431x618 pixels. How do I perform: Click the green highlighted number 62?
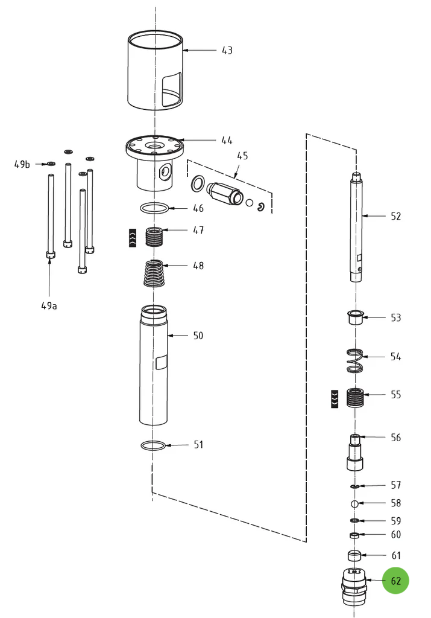coord(395,581)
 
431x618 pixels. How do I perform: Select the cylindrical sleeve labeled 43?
coord(156,71)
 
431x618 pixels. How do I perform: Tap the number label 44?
coord(227,140)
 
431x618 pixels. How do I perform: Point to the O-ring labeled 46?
coord(154,209)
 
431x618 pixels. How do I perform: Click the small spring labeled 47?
coord(155,235)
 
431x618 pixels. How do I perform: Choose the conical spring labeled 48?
coord(155,273)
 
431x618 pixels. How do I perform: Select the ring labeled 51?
coord(153,446)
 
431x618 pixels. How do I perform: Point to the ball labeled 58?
coord(355,503)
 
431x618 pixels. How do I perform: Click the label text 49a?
coord(49,305)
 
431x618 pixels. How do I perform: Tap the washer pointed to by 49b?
coord(51,164)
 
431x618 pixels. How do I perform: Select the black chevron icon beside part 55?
coord(334,398)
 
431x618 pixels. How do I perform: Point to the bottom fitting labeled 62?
coord(354,586)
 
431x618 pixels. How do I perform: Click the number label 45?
coord(242,156)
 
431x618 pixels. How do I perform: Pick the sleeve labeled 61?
coord(354,556)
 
